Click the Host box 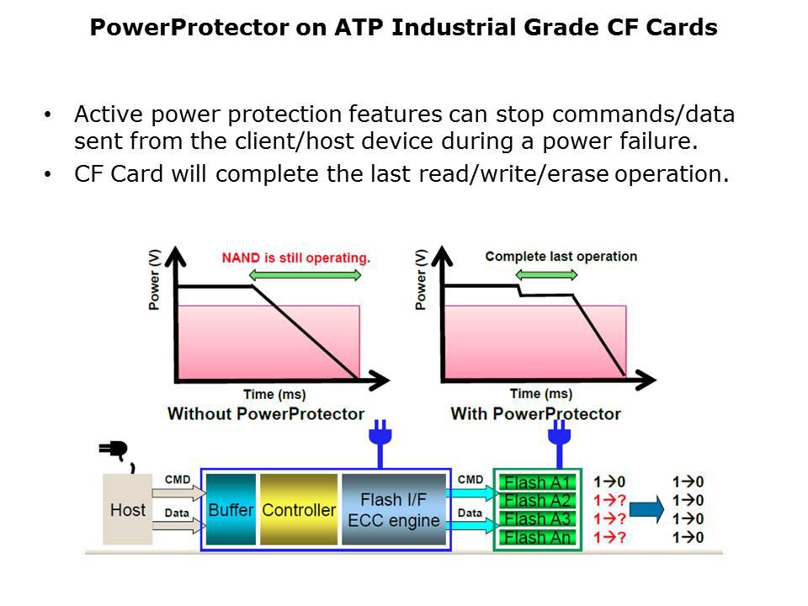point(127,509)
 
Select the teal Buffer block point(231,509)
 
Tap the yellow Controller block point(299,509)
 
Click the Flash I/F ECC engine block point(393,509)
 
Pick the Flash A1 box point(537,483)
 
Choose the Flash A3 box point(537,519)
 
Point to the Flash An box point(537,538)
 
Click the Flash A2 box point(537,501)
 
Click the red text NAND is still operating point(295,258)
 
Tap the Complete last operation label point(561,257)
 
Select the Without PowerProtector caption point(266,413)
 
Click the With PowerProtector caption point(535,413)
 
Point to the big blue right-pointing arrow point(647,509)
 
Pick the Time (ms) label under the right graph point(541,393)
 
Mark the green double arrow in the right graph point(546,274)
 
